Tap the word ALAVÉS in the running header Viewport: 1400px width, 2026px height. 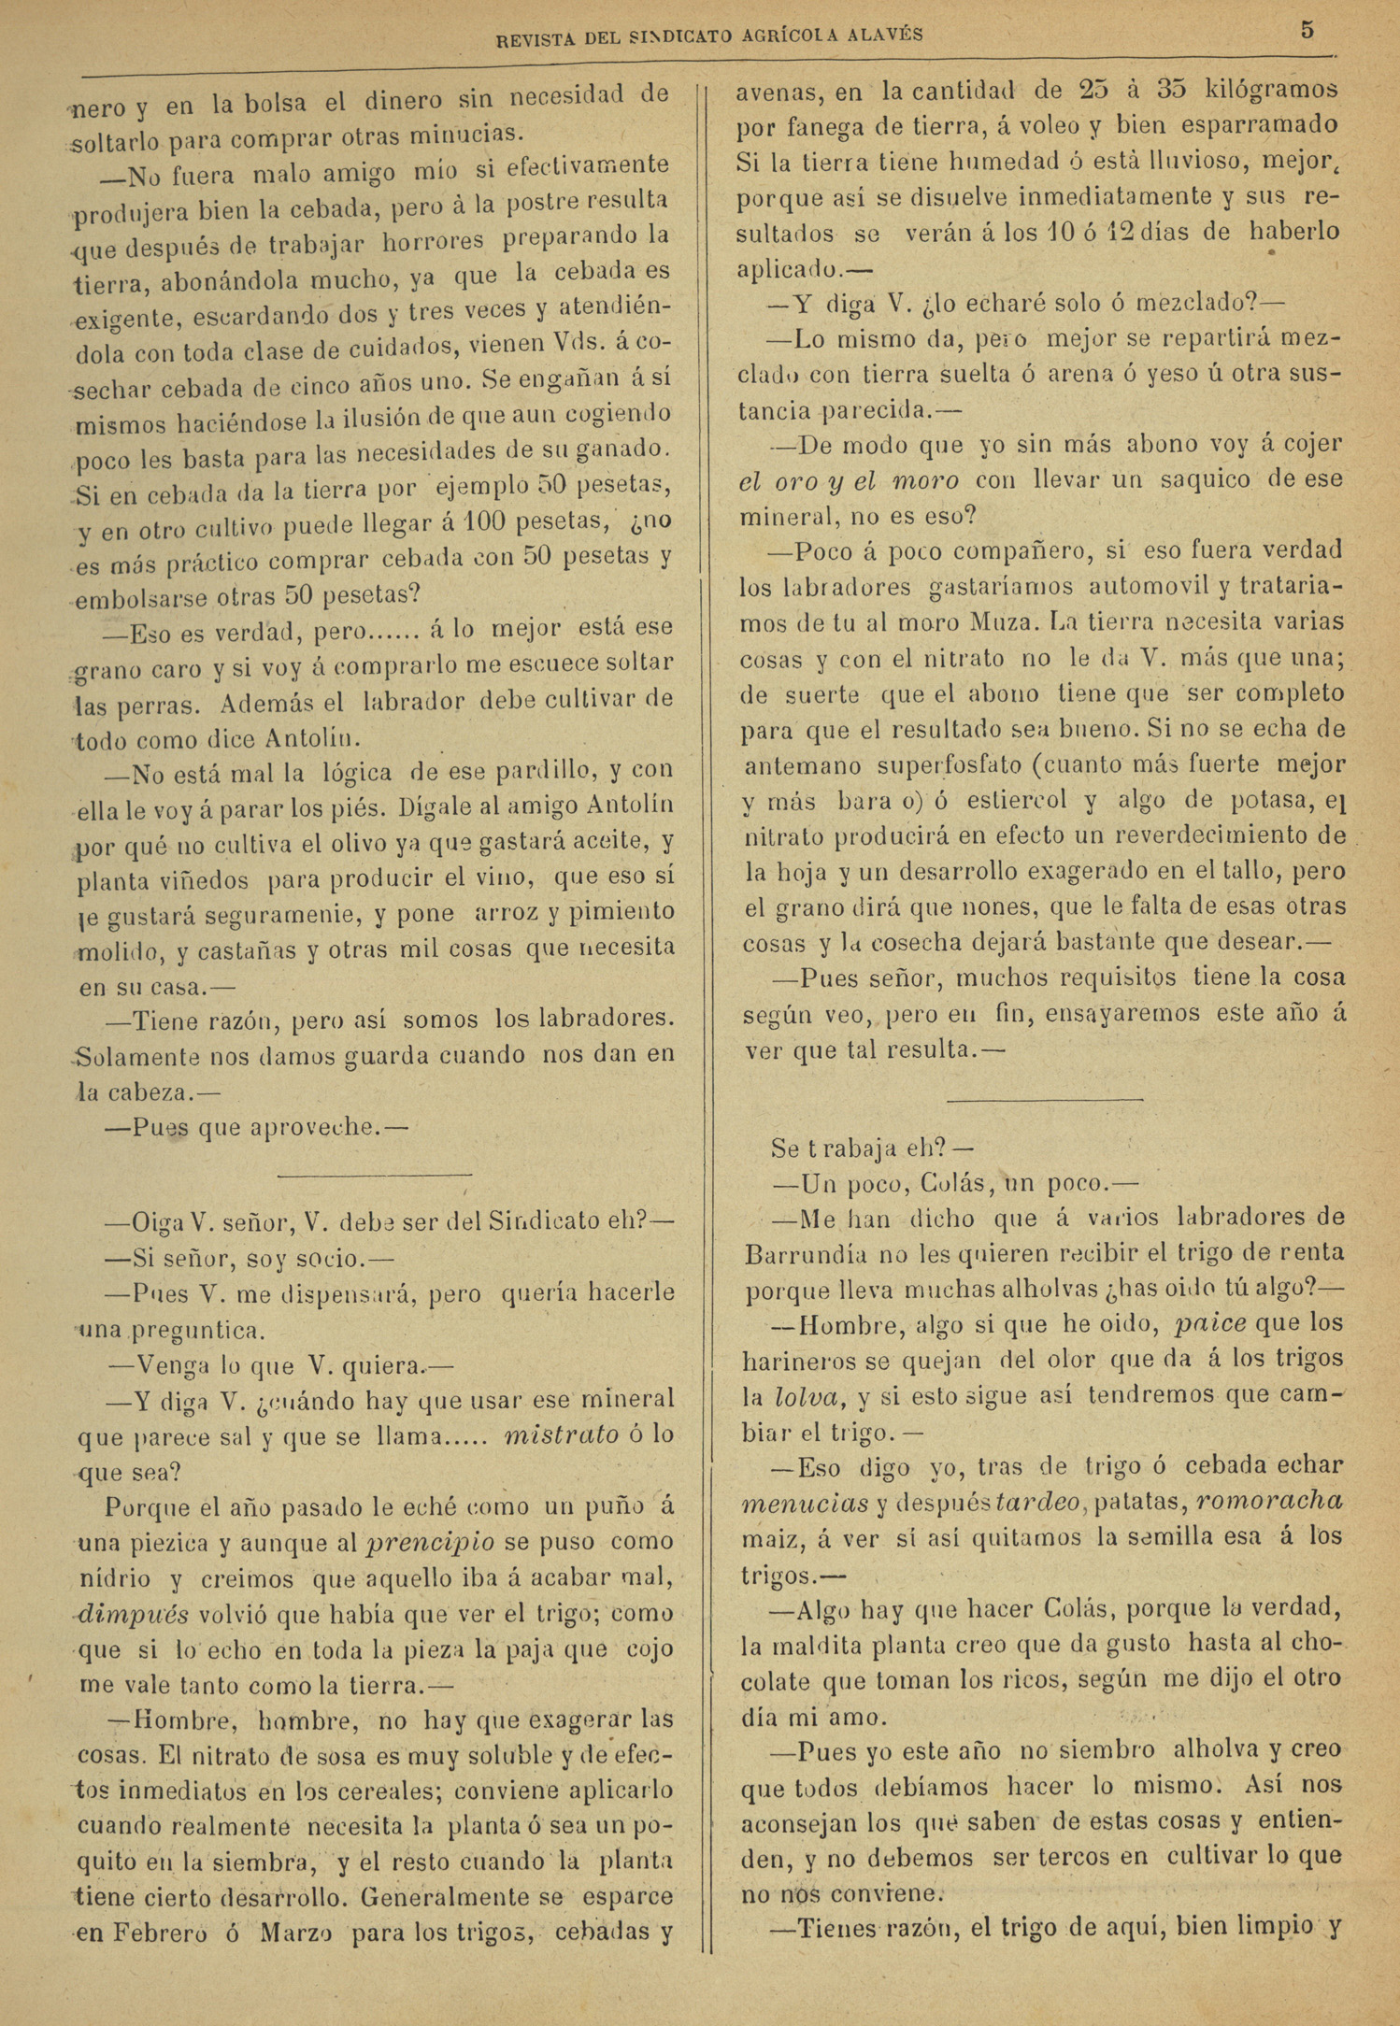(x=886, y=35)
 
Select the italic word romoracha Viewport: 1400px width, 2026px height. (x=1268, y=1500)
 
